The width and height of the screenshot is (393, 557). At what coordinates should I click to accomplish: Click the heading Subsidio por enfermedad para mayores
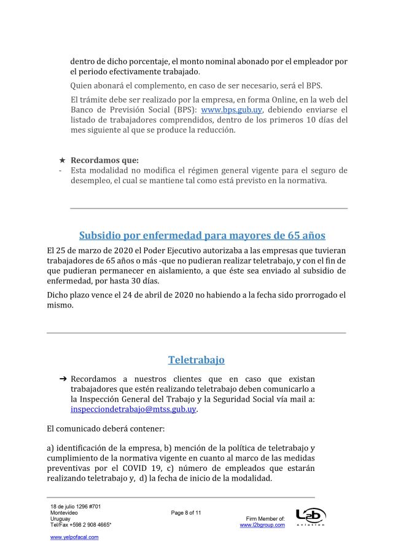[202, 235]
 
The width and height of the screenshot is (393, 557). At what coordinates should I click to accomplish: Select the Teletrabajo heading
[196, 360]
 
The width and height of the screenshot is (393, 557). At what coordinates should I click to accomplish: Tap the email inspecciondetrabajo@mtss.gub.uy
[134, 409]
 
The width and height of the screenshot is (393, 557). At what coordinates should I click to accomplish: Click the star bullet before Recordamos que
[61, 160]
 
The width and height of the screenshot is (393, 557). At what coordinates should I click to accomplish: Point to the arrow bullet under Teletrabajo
[62, 379]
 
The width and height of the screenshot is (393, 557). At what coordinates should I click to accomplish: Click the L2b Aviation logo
[310, 516]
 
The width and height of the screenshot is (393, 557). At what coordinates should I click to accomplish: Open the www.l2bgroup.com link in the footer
[262, 525]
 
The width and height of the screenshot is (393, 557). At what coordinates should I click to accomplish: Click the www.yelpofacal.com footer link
[74, 537]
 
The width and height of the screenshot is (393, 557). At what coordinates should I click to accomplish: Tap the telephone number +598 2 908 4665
[91, 525]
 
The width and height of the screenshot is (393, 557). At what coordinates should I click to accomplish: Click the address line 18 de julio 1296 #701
[76, 506]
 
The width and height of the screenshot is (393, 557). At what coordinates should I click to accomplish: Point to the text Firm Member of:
[265, 519]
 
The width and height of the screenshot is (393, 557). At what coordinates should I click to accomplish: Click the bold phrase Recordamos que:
[104, 160]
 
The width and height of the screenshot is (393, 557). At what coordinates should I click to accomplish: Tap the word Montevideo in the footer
[64, 513]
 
